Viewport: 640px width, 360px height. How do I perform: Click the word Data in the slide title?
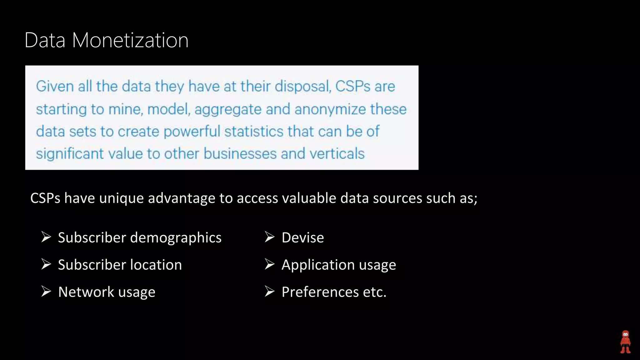(45, 40)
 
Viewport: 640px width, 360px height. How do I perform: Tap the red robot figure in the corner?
(625, 342)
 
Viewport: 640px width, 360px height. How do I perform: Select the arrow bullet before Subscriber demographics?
(46, 237)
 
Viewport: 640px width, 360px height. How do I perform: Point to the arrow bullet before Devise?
(269, 237)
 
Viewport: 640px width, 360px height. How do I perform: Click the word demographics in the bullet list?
(176, 238)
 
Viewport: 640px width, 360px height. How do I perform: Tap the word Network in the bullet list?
(86, 292)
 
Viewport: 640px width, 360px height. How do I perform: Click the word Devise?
(302, 237)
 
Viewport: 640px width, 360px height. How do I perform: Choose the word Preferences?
(320, 292)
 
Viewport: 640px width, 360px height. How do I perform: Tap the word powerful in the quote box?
(192, 132)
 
